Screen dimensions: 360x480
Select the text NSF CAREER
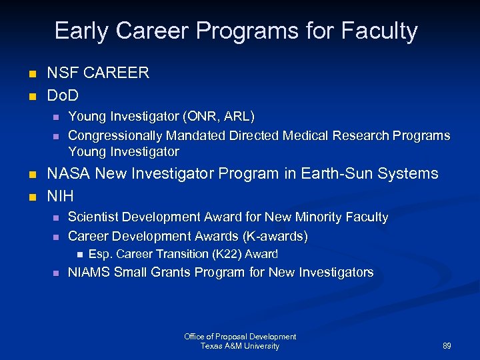click(98, 73)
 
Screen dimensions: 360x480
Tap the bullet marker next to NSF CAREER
click(31, 74)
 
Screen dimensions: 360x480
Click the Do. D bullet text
click(63, 95)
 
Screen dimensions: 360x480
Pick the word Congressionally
click(113, 135)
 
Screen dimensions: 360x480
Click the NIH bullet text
click(60, 196)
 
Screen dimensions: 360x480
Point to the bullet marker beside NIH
click(31, 197)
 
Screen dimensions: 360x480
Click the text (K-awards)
click(275, 236)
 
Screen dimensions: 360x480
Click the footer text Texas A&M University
click(240, 346)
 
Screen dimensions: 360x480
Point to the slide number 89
click(447, 347)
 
